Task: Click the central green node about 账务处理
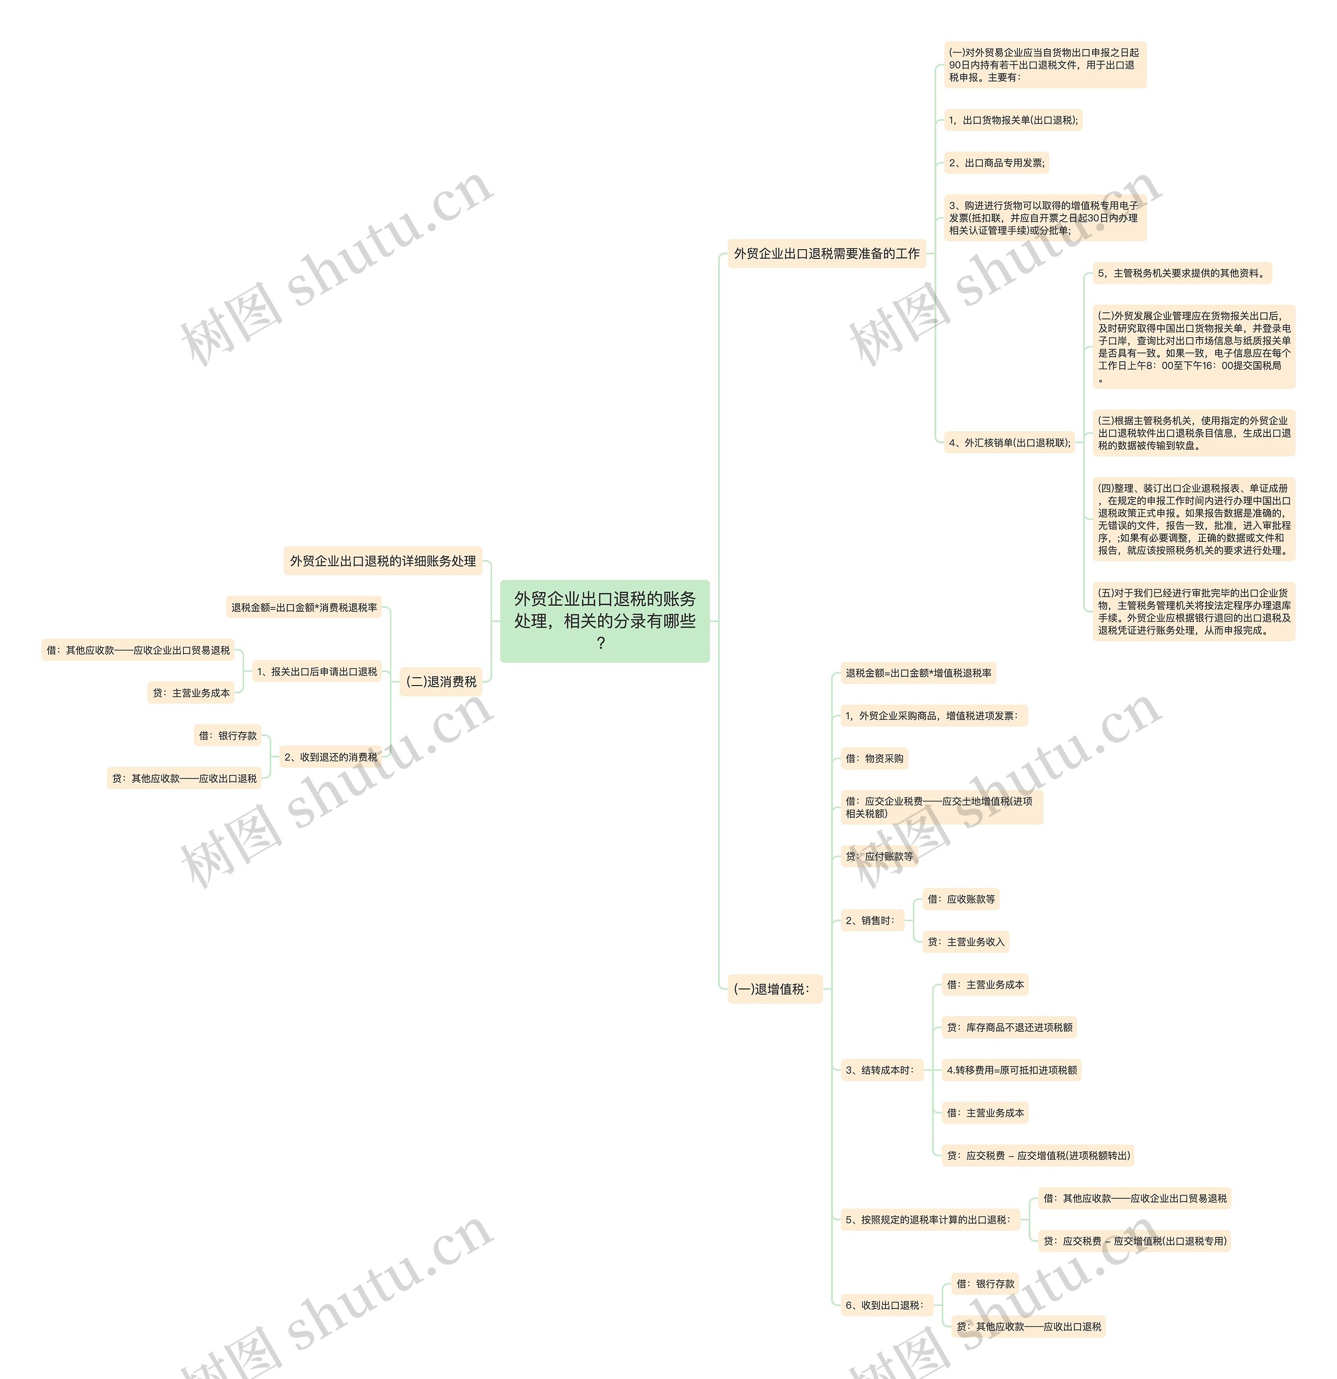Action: point(604,620)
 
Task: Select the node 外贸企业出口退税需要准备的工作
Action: point(826,253)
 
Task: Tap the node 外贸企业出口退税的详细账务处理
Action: point(383,561)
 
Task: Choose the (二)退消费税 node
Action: point(441,681)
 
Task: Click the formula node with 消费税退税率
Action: point(304,607)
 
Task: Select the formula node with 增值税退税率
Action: point(918,674)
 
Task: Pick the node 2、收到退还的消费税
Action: point(331,757)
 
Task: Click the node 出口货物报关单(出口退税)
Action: point(1013,120)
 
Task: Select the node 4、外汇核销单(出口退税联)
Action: point(1009,443)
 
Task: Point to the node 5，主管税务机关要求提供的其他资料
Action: point(1182,273)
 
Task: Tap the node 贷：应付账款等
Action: point(879,856)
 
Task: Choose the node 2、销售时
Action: point(872,920)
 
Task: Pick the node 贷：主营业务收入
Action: point(966,941)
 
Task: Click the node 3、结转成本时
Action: point(881,1070)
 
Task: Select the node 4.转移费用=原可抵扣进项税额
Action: point(1011,1070)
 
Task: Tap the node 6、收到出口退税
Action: point(886,1305)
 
